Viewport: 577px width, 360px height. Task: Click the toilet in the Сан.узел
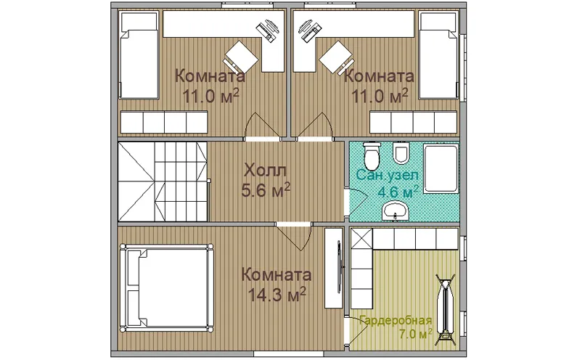tap(372, 155)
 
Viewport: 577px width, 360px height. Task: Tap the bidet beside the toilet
tap(401, 153)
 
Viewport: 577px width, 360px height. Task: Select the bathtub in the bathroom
tap(441, 168)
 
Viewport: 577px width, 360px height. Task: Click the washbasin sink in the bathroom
tap(396, 211)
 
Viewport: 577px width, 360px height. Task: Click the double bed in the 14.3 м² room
tap(166, 288)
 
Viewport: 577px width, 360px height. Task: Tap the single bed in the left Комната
tap(139, 55)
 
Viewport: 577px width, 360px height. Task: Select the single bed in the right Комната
tap(439, 55)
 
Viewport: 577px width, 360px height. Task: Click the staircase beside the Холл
tap(163, 181)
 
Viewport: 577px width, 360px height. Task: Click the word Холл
tap(265, 171)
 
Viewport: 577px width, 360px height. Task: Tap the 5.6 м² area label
tap(266, 190)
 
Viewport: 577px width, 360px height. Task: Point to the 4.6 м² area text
tap(398, 192)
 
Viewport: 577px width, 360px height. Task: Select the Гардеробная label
tap(396, 320)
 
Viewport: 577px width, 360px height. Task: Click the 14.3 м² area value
tap(277, 295)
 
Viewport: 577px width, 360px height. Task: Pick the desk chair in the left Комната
tap(240, 57)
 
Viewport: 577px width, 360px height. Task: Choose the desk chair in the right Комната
tap(335, 57)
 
